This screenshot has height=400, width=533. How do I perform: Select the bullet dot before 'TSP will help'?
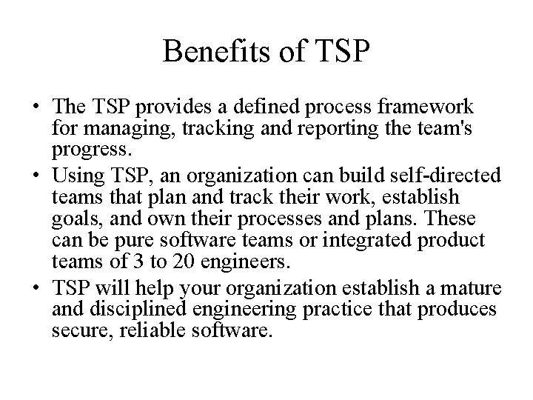click(36, 287)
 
